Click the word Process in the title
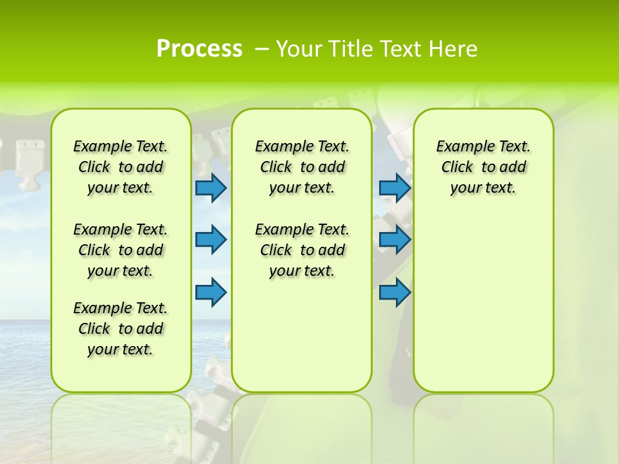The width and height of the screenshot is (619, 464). [199, 49]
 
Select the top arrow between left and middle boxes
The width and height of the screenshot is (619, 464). [211, 188]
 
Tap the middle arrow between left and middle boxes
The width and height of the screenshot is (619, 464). [211, 239]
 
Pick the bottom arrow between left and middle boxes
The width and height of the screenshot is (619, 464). [211, 293]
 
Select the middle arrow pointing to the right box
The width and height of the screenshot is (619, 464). [395, 239]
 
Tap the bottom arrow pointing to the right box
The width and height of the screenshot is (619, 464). [395, 293]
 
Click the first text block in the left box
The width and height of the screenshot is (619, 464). [121, 167]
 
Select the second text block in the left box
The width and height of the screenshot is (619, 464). [121, 250]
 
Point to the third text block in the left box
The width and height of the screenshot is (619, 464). [121, 329]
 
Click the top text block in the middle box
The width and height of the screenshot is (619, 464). [302, 167]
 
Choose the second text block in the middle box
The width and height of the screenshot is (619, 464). [302, 250]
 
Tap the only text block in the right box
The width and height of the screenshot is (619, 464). [483, 167]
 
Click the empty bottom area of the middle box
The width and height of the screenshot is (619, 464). [302, 342]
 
